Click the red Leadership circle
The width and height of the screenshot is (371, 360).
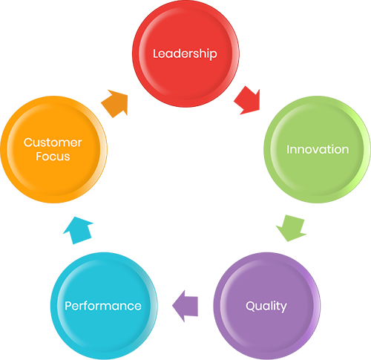(x=185, y=53)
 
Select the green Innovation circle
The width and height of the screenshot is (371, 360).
(x=318, y=149)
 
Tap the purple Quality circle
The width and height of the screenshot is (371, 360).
(x=267, y=306)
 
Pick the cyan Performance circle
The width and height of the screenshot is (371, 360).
(x=104, y=306)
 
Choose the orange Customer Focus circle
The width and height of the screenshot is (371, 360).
(x=53, y=149)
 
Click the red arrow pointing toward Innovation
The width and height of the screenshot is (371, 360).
(x=248, y=101)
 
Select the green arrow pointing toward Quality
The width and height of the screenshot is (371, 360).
(x=292, y=229)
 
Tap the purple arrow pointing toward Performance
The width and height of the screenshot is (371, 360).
(x=185, y=306)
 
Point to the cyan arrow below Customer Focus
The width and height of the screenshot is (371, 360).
(x=79, y=230)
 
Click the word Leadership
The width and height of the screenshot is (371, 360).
(x=185, y=53)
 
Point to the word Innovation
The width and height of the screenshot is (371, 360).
(x=318, y=149)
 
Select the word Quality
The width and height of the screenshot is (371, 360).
(x=266, y=307)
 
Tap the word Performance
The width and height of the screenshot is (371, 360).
(x=103, y=306)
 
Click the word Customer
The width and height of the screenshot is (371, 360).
(x=53, y=143)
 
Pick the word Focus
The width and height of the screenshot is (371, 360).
(x=53, y=157)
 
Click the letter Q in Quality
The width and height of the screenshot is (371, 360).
(x=250, y=306)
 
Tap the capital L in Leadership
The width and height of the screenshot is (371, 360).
(x=156, y=53)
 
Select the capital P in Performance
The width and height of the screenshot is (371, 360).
(x=68, y=306)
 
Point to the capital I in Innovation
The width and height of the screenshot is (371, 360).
(x=288, y=149)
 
